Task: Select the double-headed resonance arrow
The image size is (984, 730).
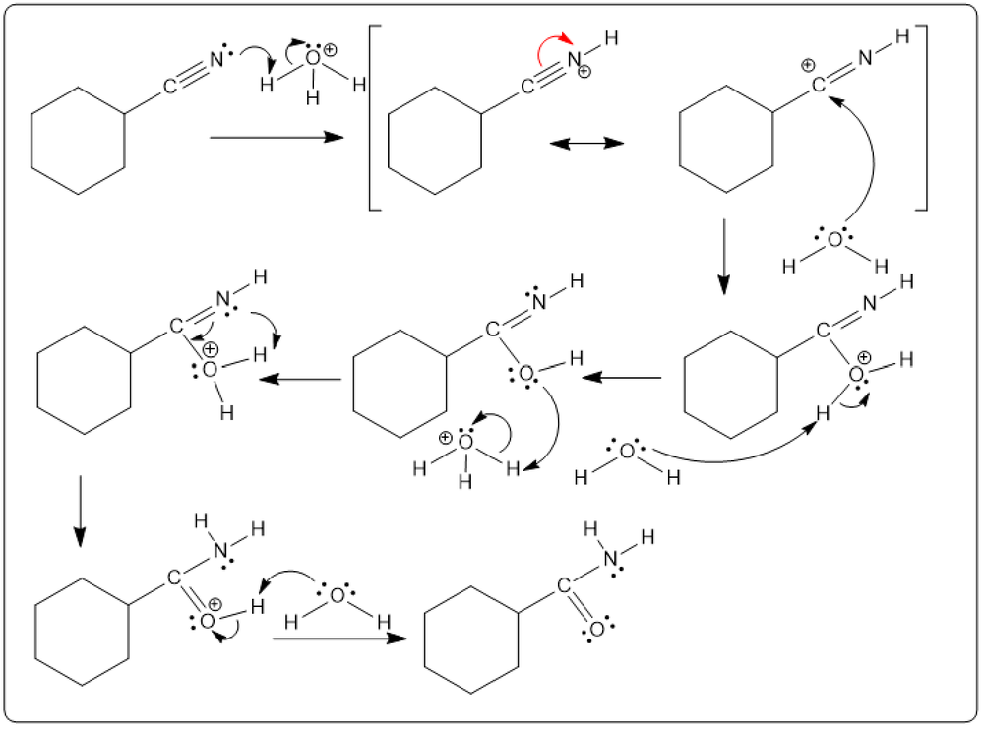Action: [587, 143]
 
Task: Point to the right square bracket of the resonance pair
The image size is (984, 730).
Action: [921, 118]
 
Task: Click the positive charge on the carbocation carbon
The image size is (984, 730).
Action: [808, 66]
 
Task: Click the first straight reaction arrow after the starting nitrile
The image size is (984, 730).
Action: [276, 139]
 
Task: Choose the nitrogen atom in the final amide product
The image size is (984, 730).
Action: [611, 559]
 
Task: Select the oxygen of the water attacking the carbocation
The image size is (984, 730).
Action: [832, 239]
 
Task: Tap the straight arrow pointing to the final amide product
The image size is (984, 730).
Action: [339, 639]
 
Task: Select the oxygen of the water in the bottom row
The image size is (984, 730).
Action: [337, 594]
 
